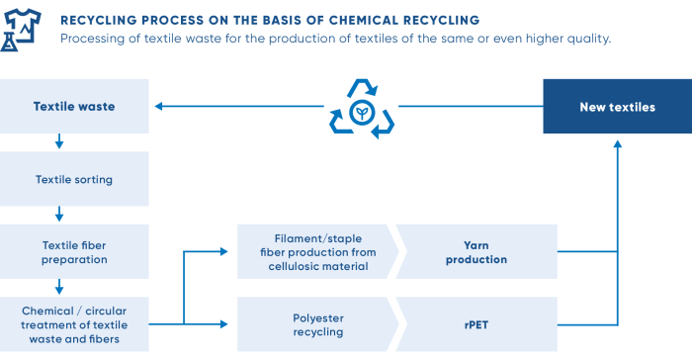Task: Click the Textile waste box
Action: pos(74,107)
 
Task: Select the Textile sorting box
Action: pos(74,179)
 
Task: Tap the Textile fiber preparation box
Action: pos(74,252)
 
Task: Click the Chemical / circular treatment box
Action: pos(74,323)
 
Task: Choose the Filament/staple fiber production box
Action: pos(314,252)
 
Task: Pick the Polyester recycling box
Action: pos(314,323)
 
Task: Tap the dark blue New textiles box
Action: pos(617,107)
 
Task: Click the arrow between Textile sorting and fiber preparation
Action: pos(59,214)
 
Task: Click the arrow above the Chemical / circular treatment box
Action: pos(59,287)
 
